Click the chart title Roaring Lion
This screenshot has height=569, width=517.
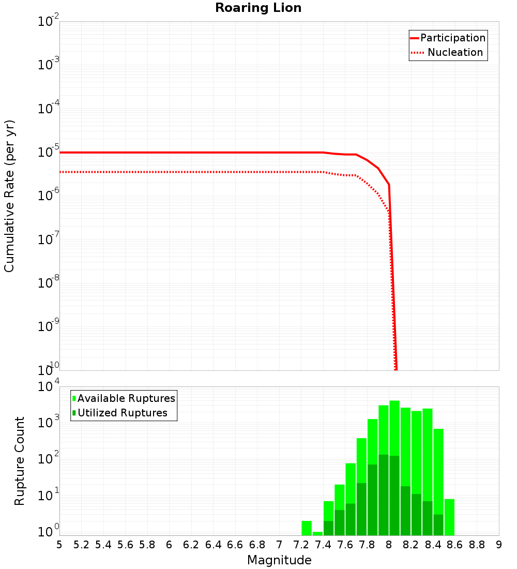[258, 8]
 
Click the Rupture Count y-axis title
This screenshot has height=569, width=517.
[20, 461]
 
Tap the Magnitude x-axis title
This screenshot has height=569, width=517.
[279, 560]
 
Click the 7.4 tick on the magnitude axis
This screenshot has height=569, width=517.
[323, 545]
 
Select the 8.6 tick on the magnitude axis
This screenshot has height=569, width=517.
[455, 545]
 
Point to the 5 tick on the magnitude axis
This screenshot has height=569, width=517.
[59, 545]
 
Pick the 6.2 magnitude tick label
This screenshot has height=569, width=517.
[191, 545]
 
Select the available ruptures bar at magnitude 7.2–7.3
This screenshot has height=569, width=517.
[307, 528]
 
